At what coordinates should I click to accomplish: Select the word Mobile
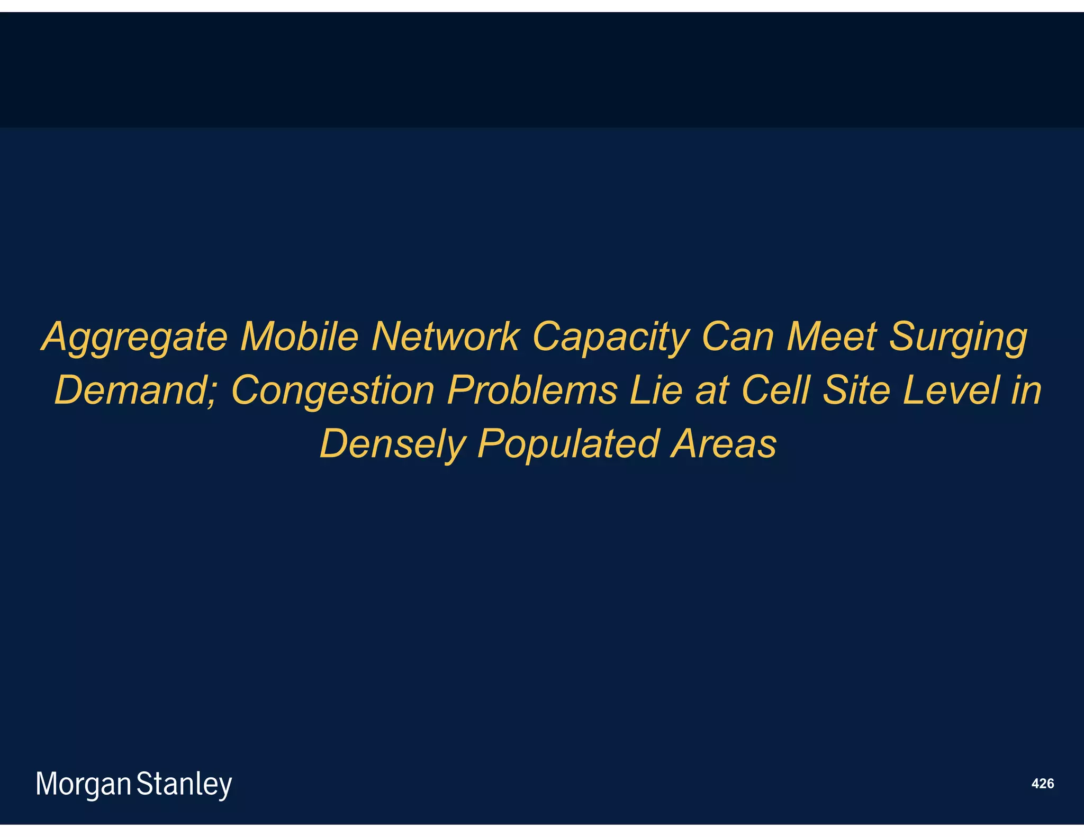[300, 336]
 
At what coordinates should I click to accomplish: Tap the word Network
[445, 336]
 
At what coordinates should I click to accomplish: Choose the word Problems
[532, 390]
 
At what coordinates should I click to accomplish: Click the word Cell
[775, 390]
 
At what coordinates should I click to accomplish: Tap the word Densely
[392, 444]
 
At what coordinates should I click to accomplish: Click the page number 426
[1042, 784]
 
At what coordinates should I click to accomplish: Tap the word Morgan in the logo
[83, 784]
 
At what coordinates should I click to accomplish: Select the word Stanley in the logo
[184, 784]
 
